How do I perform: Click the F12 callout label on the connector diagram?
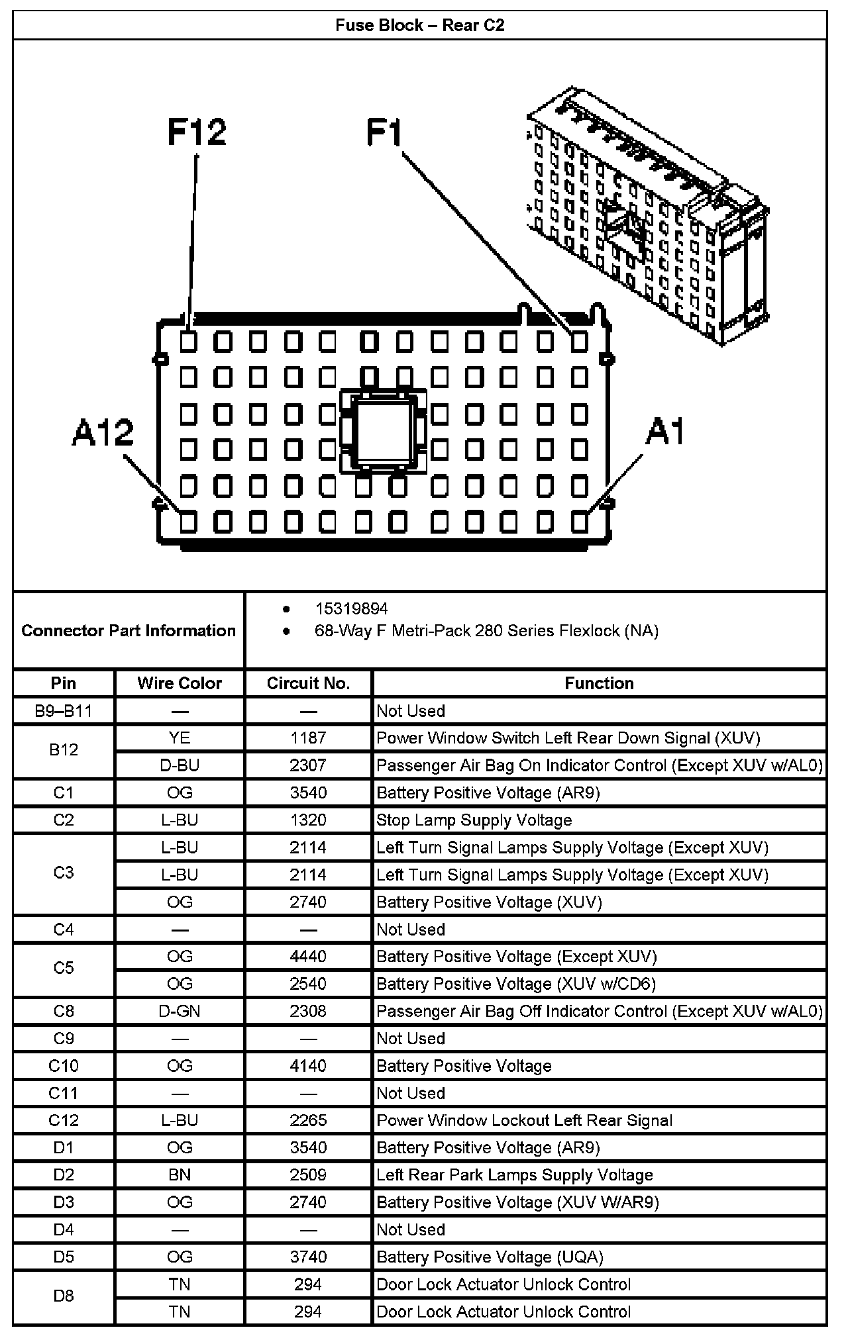point(197,132)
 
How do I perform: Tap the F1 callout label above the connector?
point(384,132)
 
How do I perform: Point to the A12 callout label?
point(103,432)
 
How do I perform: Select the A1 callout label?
point(664,432)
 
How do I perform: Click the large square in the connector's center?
point(383,431)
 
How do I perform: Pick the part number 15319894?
point(351,608)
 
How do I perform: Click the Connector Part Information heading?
point(129,630)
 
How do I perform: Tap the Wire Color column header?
point(180,683)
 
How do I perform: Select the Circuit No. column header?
point(308,683)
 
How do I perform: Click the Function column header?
point(599,683)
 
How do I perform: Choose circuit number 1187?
point(308,738)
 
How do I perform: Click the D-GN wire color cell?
point(180,1011)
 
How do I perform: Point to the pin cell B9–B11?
point(64,711)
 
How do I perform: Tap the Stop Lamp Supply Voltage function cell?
point(474,820)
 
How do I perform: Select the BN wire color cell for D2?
point(180,1174)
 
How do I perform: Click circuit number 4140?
point(308,1065)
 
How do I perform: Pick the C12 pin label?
point(64,1120)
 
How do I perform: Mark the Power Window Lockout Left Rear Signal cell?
point(524,1120)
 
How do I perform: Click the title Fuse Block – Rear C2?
point(419,25)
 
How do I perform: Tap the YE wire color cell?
point(180,738)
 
